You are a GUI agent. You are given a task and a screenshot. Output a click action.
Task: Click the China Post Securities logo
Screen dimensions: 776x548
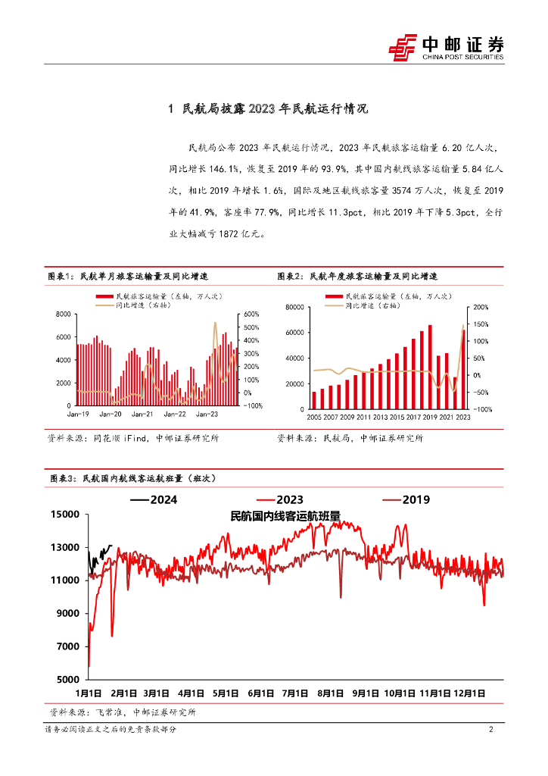click(x=446, y=46)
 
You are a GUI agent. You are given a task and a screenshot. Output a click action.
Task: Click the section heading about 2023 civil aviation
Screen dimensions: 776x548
click(x=268, y=109)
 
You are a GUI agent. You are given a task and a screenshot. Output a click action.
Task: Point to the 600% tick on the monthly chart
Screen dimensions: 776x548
click(x=252, y=314)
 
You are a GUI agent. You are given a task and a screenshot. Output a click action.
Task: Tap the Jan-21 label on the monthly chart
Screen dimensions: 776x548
click(x=143, y=414)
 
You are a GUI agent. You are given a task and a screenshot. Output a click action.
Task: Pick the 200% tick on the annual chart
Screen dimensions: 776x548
click(x=481, y=307)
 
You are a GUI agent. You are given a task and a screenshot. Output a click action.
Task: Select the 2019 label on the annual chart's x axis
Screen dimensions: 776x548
click(x=429, y=417)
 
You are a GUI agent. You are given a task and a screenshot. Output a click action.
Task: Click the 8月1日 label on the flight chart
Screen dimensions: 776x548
click(x=330, y=693)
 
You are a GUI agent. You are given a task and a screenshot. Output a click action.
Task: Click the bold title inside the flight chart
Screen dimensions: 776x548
click(x=285, y=515)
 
